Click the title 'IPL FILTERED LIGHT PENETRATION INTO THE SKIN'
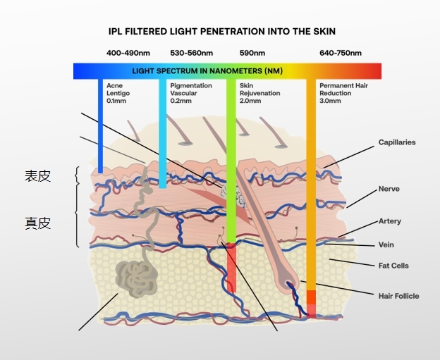coord(221,32)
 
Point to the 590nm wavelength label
coord(252,54)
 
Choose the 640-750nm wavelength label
coord(341,54)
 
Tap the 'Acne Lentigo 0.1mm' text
coord(118,93)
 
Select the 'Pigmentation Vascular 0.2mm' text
coord(191,93)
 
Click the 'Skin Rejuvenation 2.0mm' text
coord(259,93)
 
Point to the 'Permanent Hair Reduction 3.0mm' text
coord(343,93)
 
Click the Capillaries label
coord(397,142)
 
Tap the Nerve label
coord(389,189)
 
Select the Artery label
coord(390,221)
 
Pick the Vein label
coord(386,245)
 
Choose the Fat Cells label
coord(393,266)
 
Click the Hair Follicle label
coord(398,296)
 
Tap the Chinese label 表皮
coord(38,176)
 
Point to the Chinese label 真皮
coord(38,223)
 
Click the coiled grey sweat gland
coord(136,277)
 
